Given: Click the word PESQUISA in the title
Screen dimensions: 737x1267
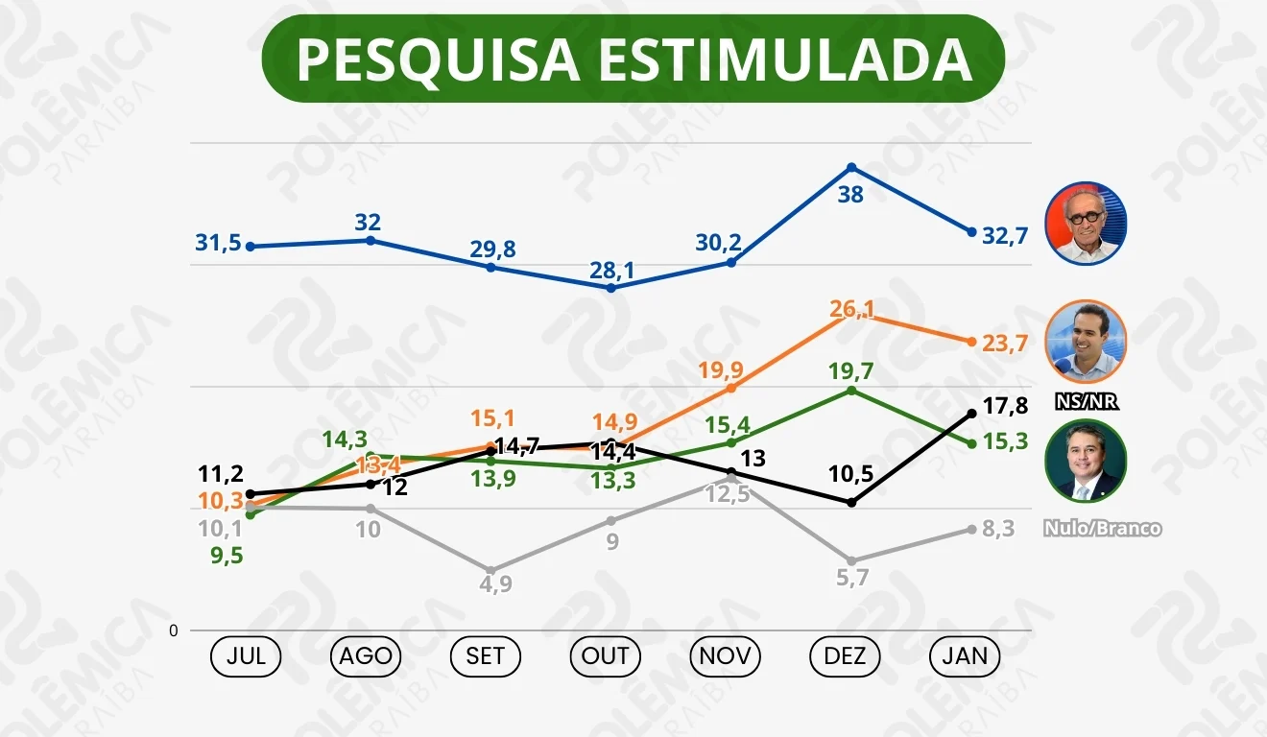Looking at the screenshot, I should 438,59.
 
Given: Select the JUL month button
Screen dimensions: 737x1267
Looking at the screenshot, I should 246,656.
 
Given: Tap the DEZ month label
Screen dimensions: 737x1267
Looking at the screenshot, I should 845,656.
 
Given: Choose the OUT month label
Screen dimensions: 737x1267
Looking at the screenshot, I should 606,656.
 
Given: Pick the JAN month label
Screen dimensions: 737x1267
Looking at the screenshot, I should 965,656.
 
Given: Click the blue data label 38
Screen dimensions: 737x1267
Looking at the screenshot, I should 850,195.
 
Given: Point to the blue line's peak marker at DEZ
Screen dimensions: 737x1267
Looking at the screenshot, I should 850,168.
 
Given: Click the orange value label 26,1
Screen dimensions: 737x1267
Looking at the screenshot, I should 850,309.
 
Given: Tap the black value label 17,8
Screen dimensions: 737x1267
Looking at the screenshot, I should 1005,406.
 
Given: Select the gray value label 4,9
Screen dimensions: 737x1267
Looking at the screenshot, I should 495,583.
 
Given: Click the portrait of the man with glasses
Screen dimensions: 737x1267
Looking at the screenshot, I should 1086,224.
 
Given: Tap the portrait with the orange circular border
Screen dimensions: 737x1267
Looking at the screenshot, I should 1086,343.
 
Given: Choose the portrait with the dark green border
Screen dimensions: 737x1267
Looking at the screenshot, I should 1086,462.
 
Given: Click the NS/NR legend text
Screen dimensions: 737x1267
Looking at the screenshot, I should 1087,402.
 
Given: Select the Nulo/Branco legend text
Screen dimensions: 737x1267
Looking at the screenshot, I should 1102,529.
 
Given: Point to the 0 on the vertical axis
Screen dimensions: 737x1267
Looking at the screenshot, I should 174,630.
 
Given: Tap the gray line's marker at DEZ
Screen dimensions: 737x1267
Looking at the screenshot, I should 850,560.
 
